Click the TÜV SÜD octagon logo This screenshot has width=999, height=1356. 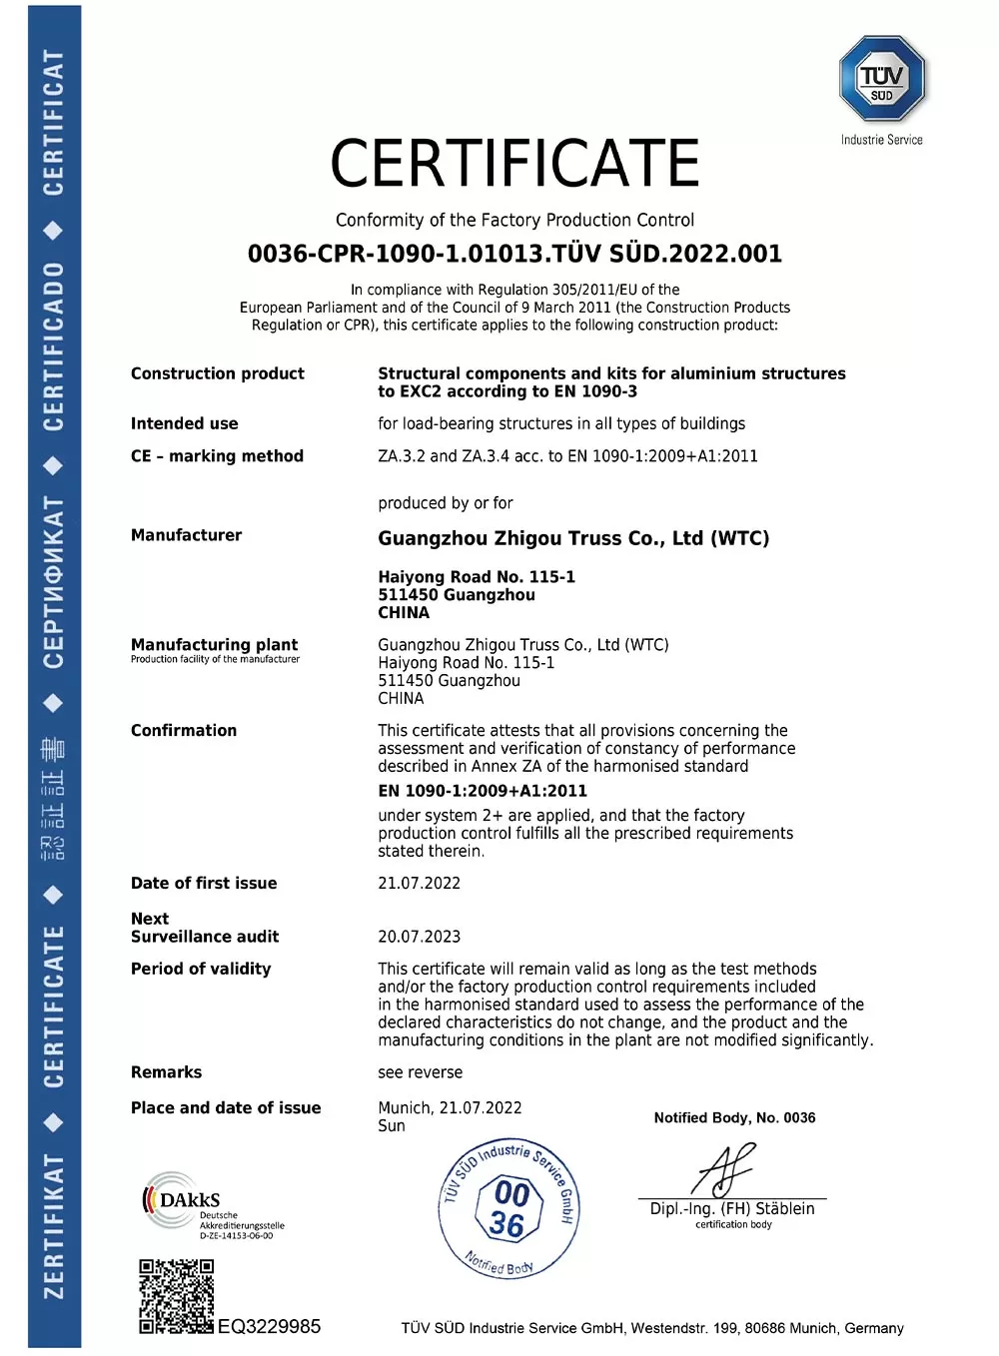click(x=882, y=79)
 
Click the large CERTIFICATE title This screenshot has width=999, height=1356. click(x=514, y=164)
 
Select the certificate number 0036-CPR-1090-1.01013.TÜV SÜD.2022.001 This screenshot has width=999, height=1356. click(x=514, y=254)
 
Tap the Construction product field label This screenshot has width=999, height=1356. click(x=217, y=373)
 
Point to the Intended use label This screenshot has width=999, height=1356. click(x=184, y=423)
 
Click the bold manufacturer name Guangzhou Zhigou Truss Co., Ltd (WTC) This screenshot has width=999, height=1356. click(x=573, y=538)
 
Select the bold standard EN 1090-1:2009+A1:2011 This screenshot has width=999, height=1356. click(x=483, y=791)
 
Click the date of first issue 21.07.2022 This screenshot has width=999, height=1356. click(x=419, y=883)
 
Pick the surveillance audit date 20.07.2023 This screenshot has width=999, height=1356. click(x=419, y=937)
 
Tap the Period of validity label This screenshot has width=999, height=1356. click(x=201, y=969)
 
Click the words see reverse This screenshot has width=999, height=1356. click(x=420, y=1072)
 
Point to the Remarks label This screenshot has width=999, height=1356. click(x=166, y=1072)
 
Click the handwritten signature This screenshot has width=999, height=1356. click(x=726, y=1168)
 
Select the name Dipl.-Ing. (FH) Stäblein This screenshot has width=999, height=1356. click(x=732, y=1208)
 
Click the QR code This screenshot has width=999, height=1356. click(x=176, y=1296)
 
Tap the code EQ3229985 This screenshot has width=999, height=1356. click(x=269, y=1326)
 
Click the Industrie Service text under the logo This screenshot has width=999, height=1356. click(x=881, y=140)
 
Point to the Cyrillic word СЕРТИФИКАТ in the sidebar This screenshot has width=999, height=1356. click(x=54, y=583)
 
